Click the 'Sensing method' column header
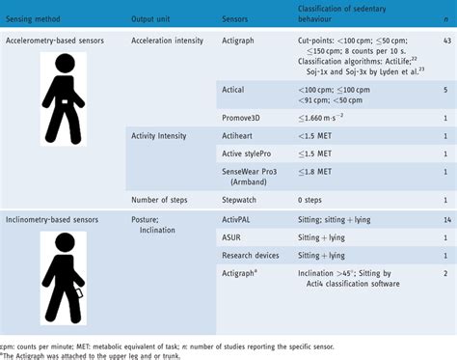(35, 19)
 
